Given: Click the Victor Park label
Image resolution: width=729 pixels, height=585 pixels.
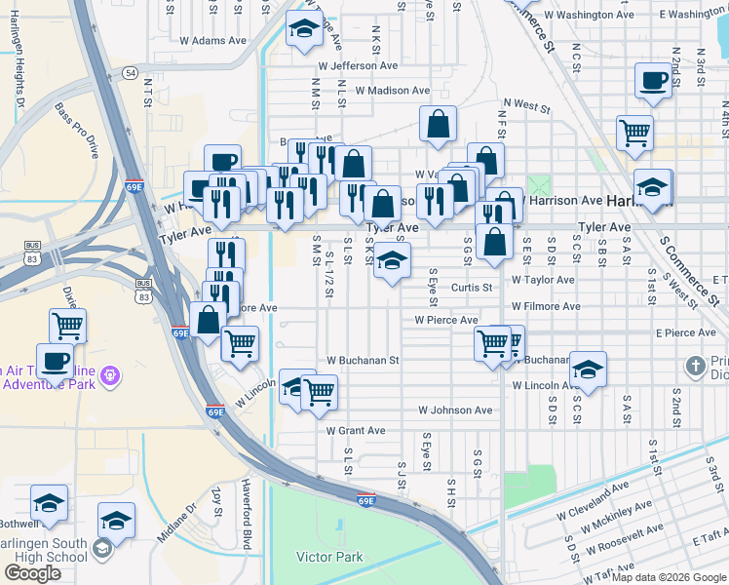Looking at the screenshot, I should coord(329,558).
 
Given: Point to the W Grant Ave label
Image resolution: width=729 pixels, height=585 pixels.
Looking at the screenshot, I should coord(356,430).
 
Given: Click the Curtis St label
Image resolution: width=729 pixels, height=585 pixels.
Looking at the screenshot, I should coord(472,288).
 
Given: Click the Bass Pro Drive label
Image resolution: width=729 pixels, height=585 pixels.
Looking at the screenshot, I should coord(78,131).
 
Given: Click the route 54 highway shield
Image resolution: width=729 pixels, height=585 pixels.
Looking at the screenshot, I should coord(130,73).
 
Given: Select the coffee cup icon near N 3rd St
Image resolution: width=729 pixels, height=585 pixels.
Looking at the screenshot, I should coord(652,80).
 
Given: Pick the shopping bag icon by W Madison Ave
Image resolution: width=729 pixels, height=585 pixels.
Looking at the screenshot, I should coord(439,123).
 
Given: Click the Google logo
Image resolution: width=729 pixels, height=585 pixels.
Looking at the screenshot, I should coord(32,573).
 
